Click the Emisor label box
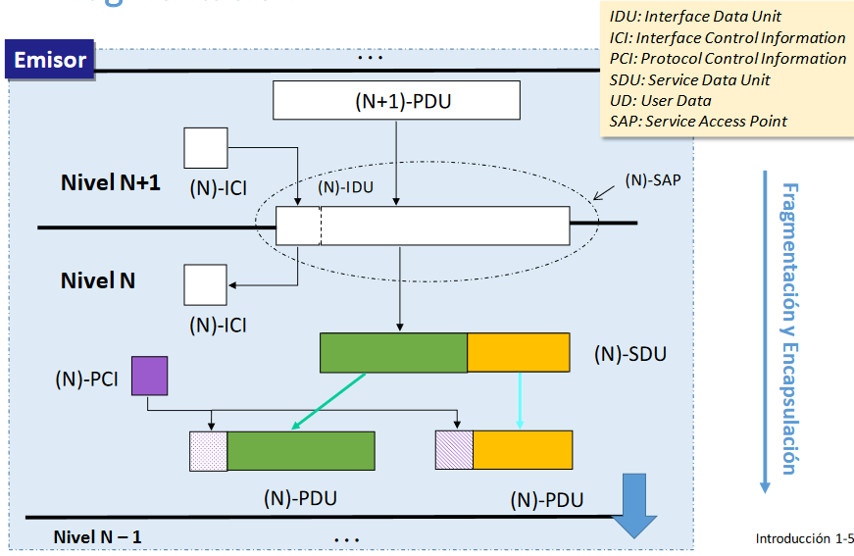pyautogui.click(x=50, y=60)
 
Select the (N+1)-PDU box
pyautogui.click(x=395, y=100)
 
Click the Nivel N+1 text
pyautogui.click(x=110, y=182)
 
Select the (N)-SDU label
pyautogui.click(x=629, y=354)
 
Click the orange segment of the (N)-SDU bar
pyautogui.click(x=518, y=353)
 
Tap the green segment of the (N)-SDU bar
pyautogui.click(x=393, y=353)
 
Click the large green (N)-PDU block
pyautogui.click(x=300, y=450)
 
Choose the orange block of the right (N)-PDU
pyautogui.click(x=523, y=449)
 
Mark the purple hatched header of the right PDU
pyautogui.click(x=454, y=449)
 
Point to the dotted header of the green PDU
pyautogui.click(x=208, y=450)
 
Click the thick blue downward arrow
pyautogui.click(x=634, y=505)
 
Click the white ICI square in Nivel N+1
pyautogui.click(x=206, y=148)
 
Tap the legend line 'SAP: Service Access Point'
pyautogui.click(x=698, y=122)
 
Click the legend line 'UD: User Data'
pyautogui.click(x=660, y=100)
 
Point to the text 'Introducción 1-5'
pyautogui.click(x=804, y=538)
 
